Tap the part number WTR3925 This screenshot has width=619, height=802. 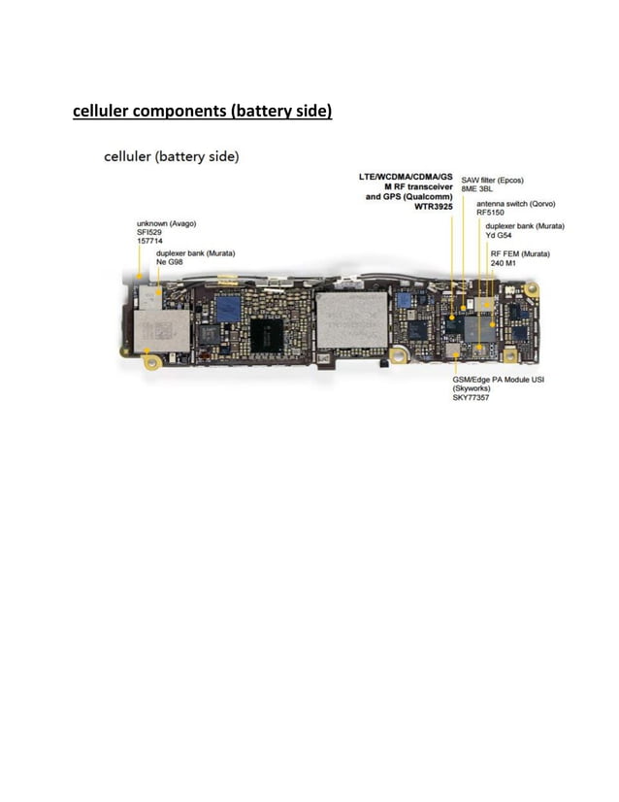click(433, 207)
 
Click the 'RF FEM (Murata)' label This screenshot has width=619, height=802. click(520, 254)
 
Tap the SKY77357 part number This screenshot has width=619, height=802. click(472, 398)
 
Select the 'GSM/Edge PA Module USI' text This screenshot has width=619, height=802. click(498, 380)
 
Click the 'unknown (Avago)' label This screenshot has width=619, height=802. click(167, 224)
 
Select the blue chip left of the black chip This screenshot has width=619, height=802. click(230, 308)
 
